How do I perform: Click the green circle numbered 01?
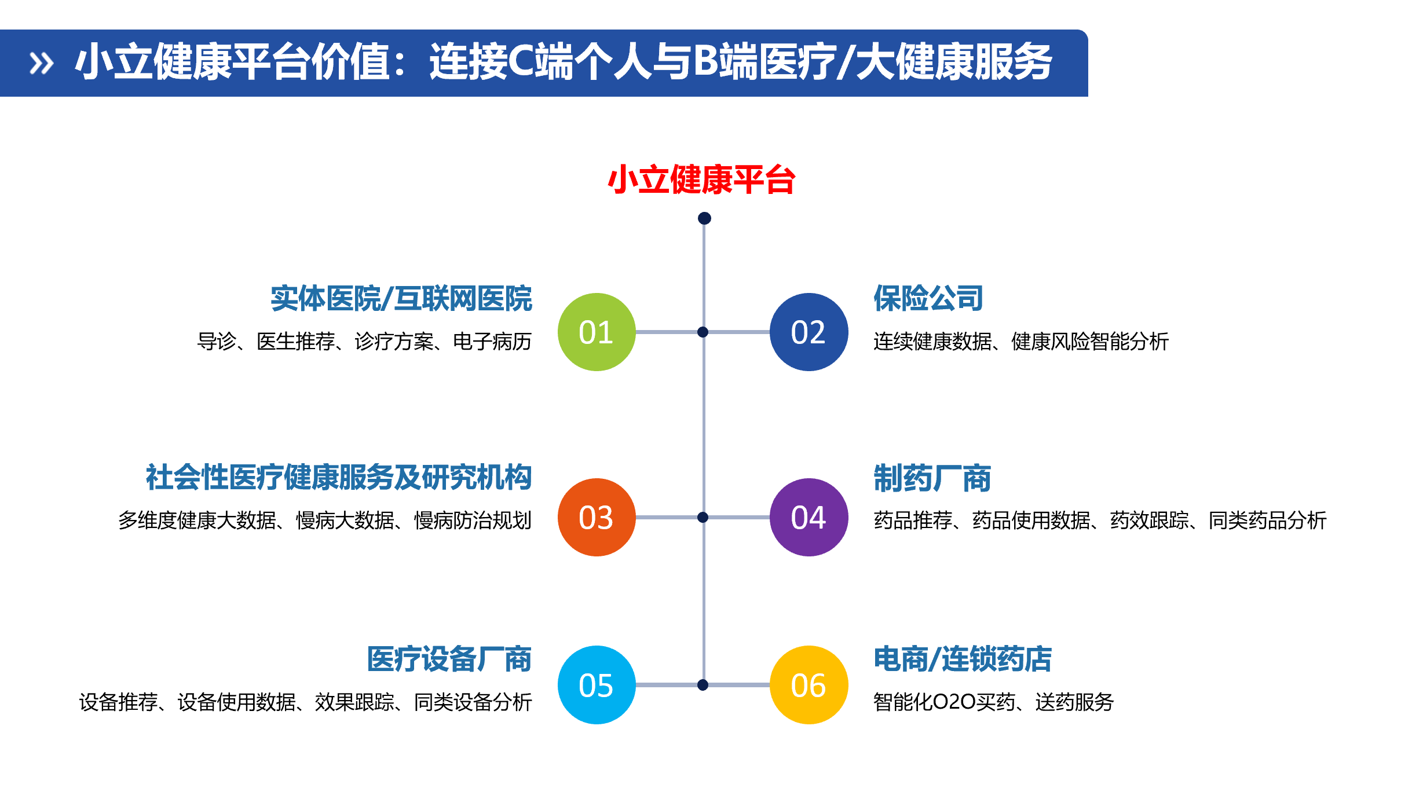point(597,332)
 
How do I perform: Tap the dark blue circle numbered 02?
point(809,332)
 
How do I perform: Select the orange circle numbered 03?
point(597,517)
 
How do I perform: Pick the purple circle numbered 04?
point(809,517)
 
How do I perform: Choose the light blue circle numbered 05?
point(597,685)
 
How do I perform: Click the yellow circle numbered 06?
point(809,685)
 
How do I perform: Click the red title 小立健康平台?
point(701,179)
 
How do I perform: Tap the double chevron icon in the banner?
point(42,63)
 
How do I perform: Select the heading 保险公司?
point(928,298)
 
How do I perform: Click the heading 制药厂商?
point(932,478)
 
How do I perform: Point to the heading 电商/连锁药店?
point(963,659)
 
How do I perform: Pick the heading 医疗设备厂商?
point(449,659)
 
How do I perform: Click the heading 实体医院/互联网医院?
point(401,298)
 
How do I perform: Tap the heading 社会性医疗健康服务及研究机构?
point(339,478)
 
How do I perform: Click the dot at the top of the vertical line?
point(704,218)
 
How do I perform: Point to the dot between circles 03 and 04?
point(703,517)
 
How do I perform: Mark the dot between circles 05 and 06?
point(703,685)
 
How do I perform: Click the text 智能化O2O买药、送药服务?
point(993,702)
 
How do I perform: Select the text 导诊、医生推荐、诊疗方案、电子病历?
point(364,341)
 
